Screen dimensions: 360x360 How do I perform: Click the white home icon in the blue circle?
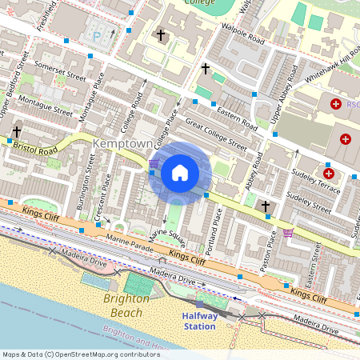[180, 172]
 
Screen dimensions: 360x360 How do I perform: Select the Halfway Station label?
[199, 320]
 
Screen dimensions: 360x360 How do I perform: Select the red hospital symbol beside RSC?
[334, 104]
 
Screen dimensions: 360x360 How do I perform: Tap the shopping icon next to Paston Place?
[288, 233]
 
